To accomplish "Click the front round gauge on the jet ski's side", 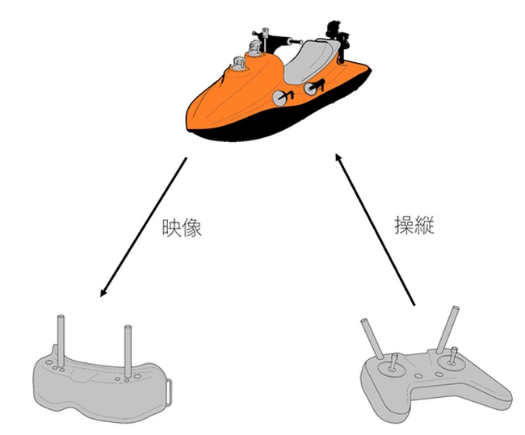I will (280, 98).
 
